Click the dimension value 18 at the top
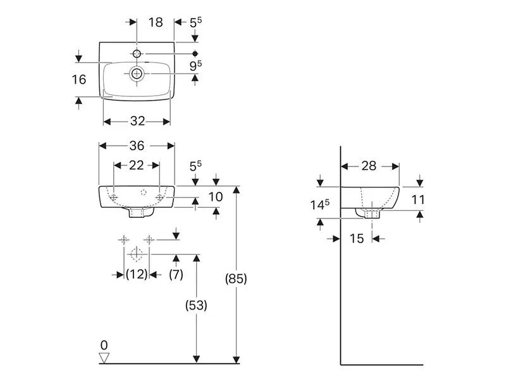[156, 22]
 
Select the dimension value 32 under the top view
[137, 121]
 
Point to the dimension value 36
[137, 146]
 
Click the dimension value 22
[136, 166]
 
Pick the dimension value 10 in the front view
[215, 197]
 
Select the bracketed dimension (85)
[235, 278]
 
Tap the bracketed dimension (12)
[136, 274]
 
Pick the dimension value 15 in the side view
[357, 238]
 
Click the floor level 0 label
[104, 345]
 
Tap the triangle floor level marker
[104, 358]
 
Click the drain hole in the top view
[137, 73]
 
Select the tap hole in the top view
[137, 53]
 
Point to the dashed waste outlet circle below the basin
[135, 255]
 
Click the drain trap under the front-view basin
[137, 213]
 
